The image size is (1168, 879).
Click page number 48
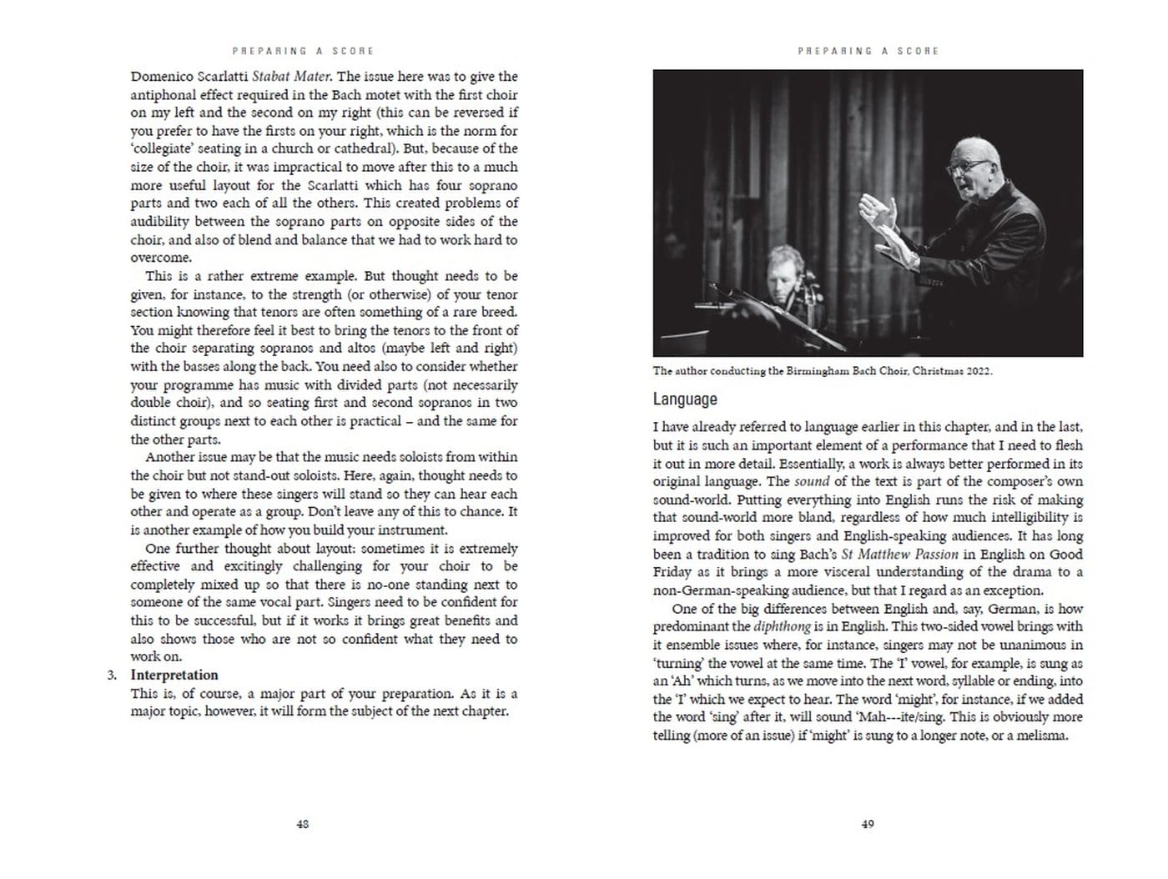303,824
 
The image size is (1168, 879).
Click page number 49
868,824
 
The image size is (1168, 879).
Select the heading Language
685,399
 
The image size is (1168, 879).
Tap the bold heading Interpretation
174,675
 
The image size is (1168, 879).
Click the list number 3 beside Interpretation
112,675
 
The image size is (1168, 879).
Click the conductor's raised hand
877,214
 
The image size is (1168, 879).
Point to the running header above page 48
303,51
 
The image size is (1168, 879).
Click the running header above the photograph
868,51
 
